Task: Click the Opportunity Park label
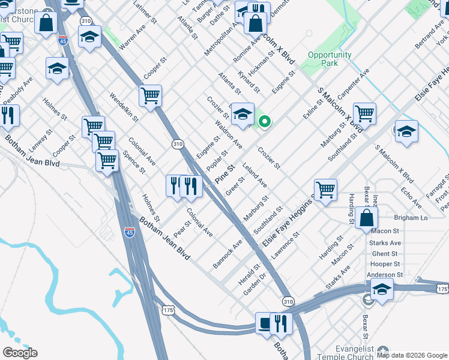[x=330, y=59]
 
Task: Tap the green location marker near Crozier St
[x=264, y=122]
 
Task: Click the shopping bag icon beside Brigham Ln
[x=366, y=218]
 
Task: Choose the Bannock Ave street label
[x=228, y=254]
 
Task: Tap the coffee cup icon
[x=265, y=323]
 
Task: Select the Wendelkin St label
[x=124, y=106]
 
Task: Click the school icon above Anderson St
[x=382, y=290]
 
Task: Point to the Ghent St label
[x=385, y=254]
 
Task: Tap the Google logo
[x=20, y=353]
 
